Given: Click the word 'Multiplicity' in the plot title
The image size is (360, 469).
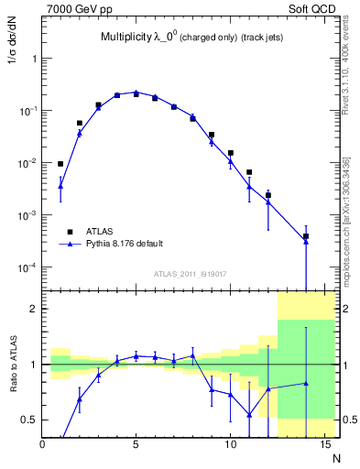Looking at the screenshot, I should coord(126,38).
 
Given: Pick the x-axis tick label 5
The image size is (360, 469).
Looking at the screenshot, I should coord(136,445).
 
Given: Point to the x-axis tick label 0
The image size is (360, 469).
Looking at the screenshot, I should coord(42,445).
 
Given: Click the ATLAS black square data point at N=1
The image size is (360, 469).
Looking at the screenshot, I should coord(60,164).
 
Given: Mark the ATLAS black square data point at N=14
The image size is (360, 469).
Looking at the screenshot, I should coord(305,236).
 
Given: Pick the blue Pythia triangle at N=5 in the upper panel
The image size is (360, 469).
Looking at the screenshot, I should coord(136,92).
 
